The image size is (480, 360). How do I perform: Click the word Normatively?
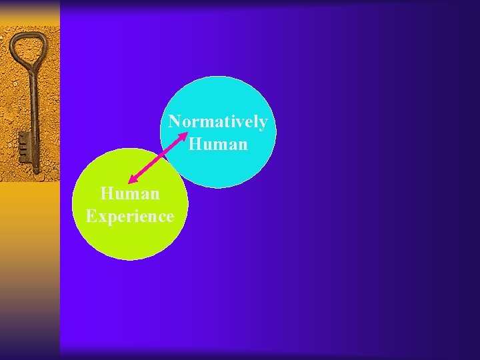click(x=218, y=122)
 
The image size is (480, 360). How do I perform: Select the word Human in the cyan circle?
click(x=219, y=143)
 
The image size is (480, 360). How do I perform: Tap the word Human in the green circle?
click(x=130, y=194)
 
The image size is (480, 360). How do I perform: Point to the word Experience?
click(x=130, y=217)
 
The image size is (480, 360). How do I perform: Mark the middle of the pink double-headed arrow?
click(x=159, y=157)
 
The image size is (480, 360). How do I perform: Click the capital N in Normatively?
click(x=175, y=122)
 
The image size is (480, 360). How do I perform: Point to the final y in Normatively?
click(x=263, y=124)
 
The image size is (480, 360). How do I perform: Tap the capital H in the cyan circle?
click(x=195, y=143)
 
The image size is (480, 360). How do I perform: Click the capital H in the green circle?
click(x=107, y=194)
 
